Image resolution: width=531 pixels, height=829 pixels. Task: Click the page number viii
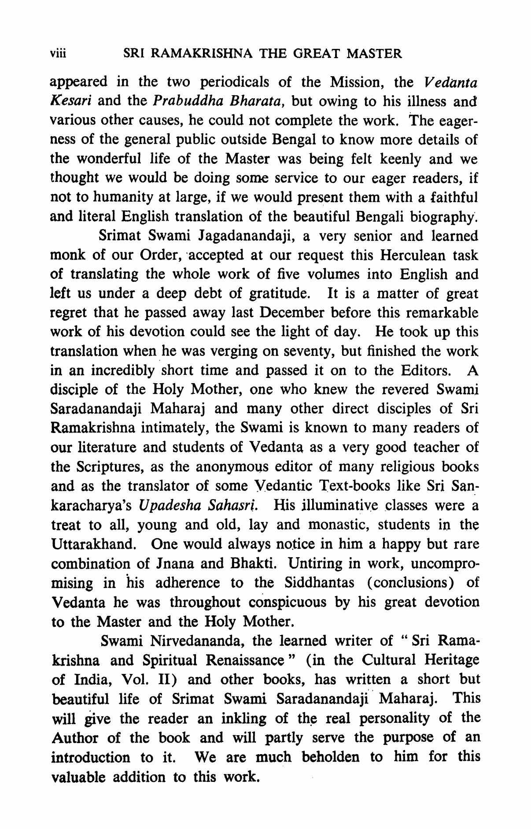click(x=58, y=54)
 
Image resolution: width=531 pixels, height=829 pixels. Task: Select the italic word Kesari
click(x=71, y=101)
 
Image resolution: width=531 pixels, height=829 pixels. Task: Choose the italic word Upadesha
click(x=166, y=505)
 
